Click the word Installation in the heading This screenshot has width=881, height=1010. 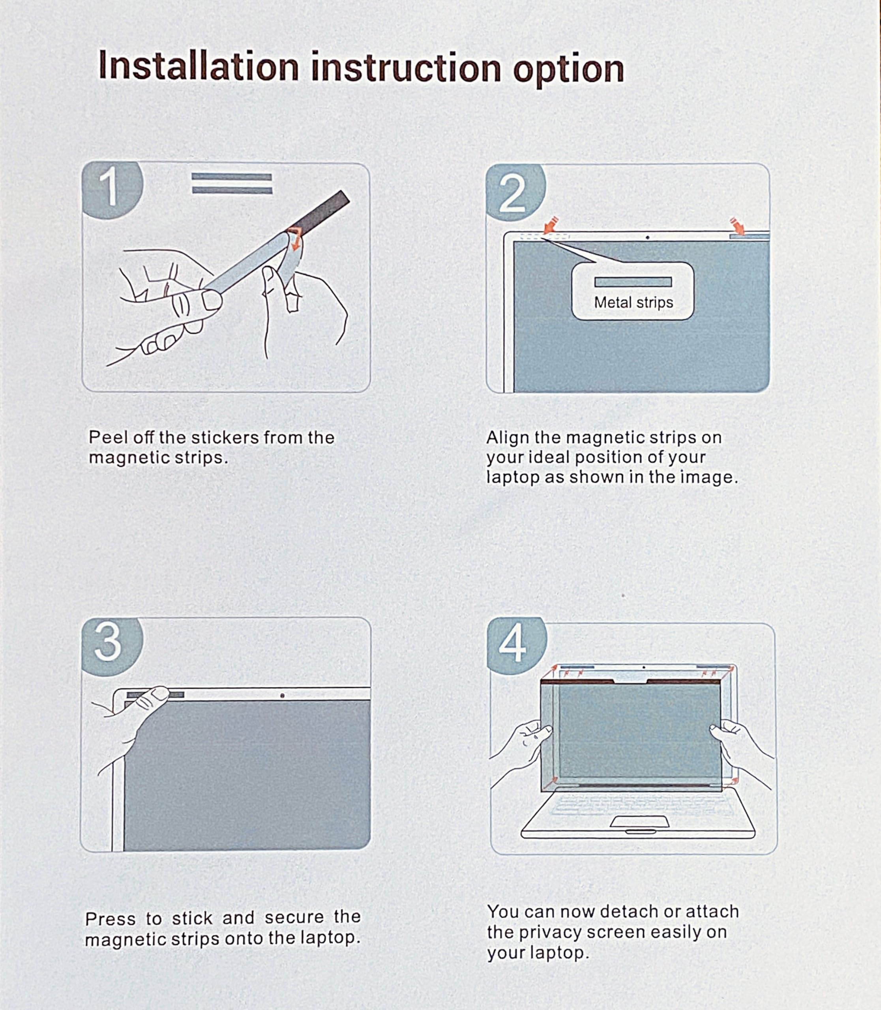pos(199,66)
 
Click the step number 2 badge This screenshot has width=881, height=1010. pos(515,192)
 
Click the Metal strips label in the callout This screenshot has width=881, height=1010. pos(633,303)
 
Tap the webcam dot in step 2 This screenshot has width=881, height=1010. pos(647,238)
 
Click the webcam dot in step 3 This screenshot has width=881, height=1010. pos(282,696)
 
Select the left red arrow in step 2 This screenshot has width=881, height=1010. pos(550,225)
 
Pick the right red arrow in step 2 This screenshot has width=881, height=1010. pos(737,226)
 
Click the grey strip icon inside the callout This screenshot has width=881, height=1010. pos(633,282)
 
